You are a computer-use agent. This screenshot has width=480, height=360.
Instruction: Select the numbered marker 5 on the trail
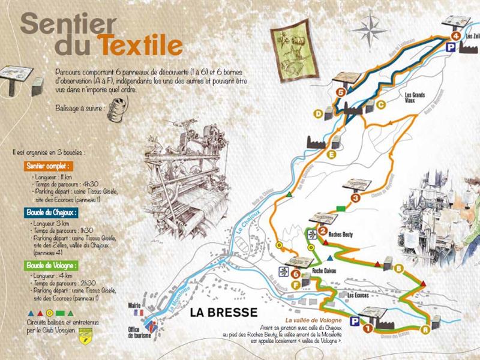point(341,92)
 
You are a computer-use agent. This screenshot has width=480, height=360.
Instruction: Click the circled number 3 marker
point(356,198)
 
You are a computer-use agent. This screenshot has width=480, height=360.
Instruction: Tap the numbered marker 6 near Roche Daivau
point(296,274)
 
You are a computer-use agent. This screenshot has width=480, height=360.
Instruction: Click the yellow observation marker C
point(380,104)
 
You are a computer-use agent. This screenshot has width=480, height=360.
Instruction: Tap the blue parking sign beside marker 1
point(355,321)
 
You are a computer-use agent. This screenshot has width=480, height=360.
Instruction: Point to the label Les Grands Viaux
point(415,97)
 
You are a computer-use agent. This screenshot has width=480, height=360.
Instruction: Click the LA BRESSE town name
point(223,312)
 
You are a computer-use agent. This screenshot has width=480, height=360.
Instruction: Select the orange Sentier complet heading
point(48,166)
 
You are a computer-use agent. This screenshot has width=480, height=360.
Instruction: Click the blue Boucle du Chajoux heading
point(52,212)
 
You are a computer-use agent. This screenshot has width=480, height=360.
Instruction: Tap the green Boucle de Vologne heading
point(52,265)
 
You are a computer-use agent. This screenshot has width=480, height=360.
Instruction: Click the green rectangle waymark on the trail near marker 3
point(341,208)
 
